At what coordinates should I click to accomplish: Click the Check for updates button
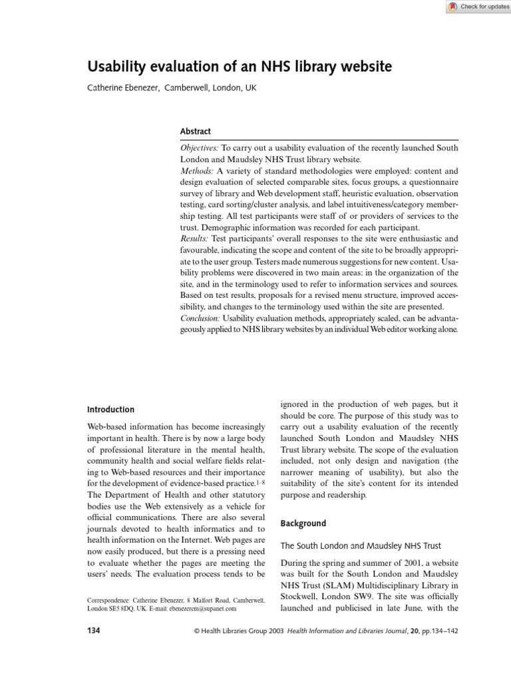point(478,7)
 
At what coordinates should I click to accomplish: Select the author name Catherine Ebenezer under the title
point(123,88)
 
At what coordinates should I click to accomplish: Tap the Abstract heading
point(196,132)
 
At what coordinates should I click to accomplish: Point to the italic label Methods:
point(197,171)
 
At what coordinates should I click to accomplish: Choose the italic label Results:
point(195,238)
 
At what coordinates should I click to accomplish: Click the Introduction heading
point(111,410)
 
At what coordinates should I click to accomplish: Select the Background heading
point(303,523)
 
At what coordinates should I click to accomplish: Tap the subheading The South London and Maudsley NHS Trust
point(361,546)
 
